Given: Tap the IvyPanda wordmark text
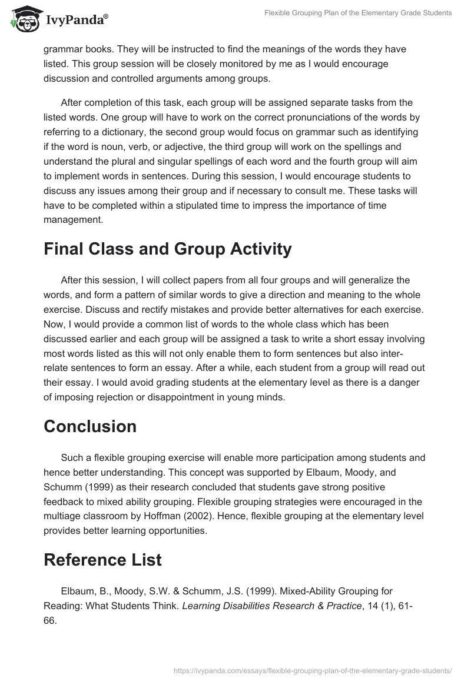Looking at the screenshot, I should pyautogui.click(x=77, y=20).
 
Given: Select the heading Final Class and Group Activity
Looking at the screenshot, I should pyautogui.click(x=167, y=249).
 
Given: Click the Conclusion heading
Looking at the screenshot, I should pyautogui.click(x=89, y=426).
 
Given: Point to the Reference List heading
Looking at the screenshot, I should pyautogui.click(x=102, y=560).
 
